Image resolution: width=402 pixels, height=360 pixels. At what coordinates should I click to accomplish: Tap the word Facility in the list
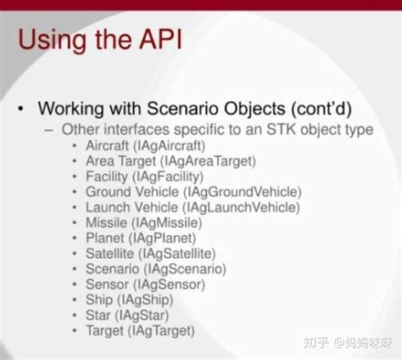(x=107, y=177)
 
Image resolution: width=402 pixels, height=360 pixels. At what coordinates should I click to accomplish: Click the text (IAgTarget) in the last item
(x=162, y=329)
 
